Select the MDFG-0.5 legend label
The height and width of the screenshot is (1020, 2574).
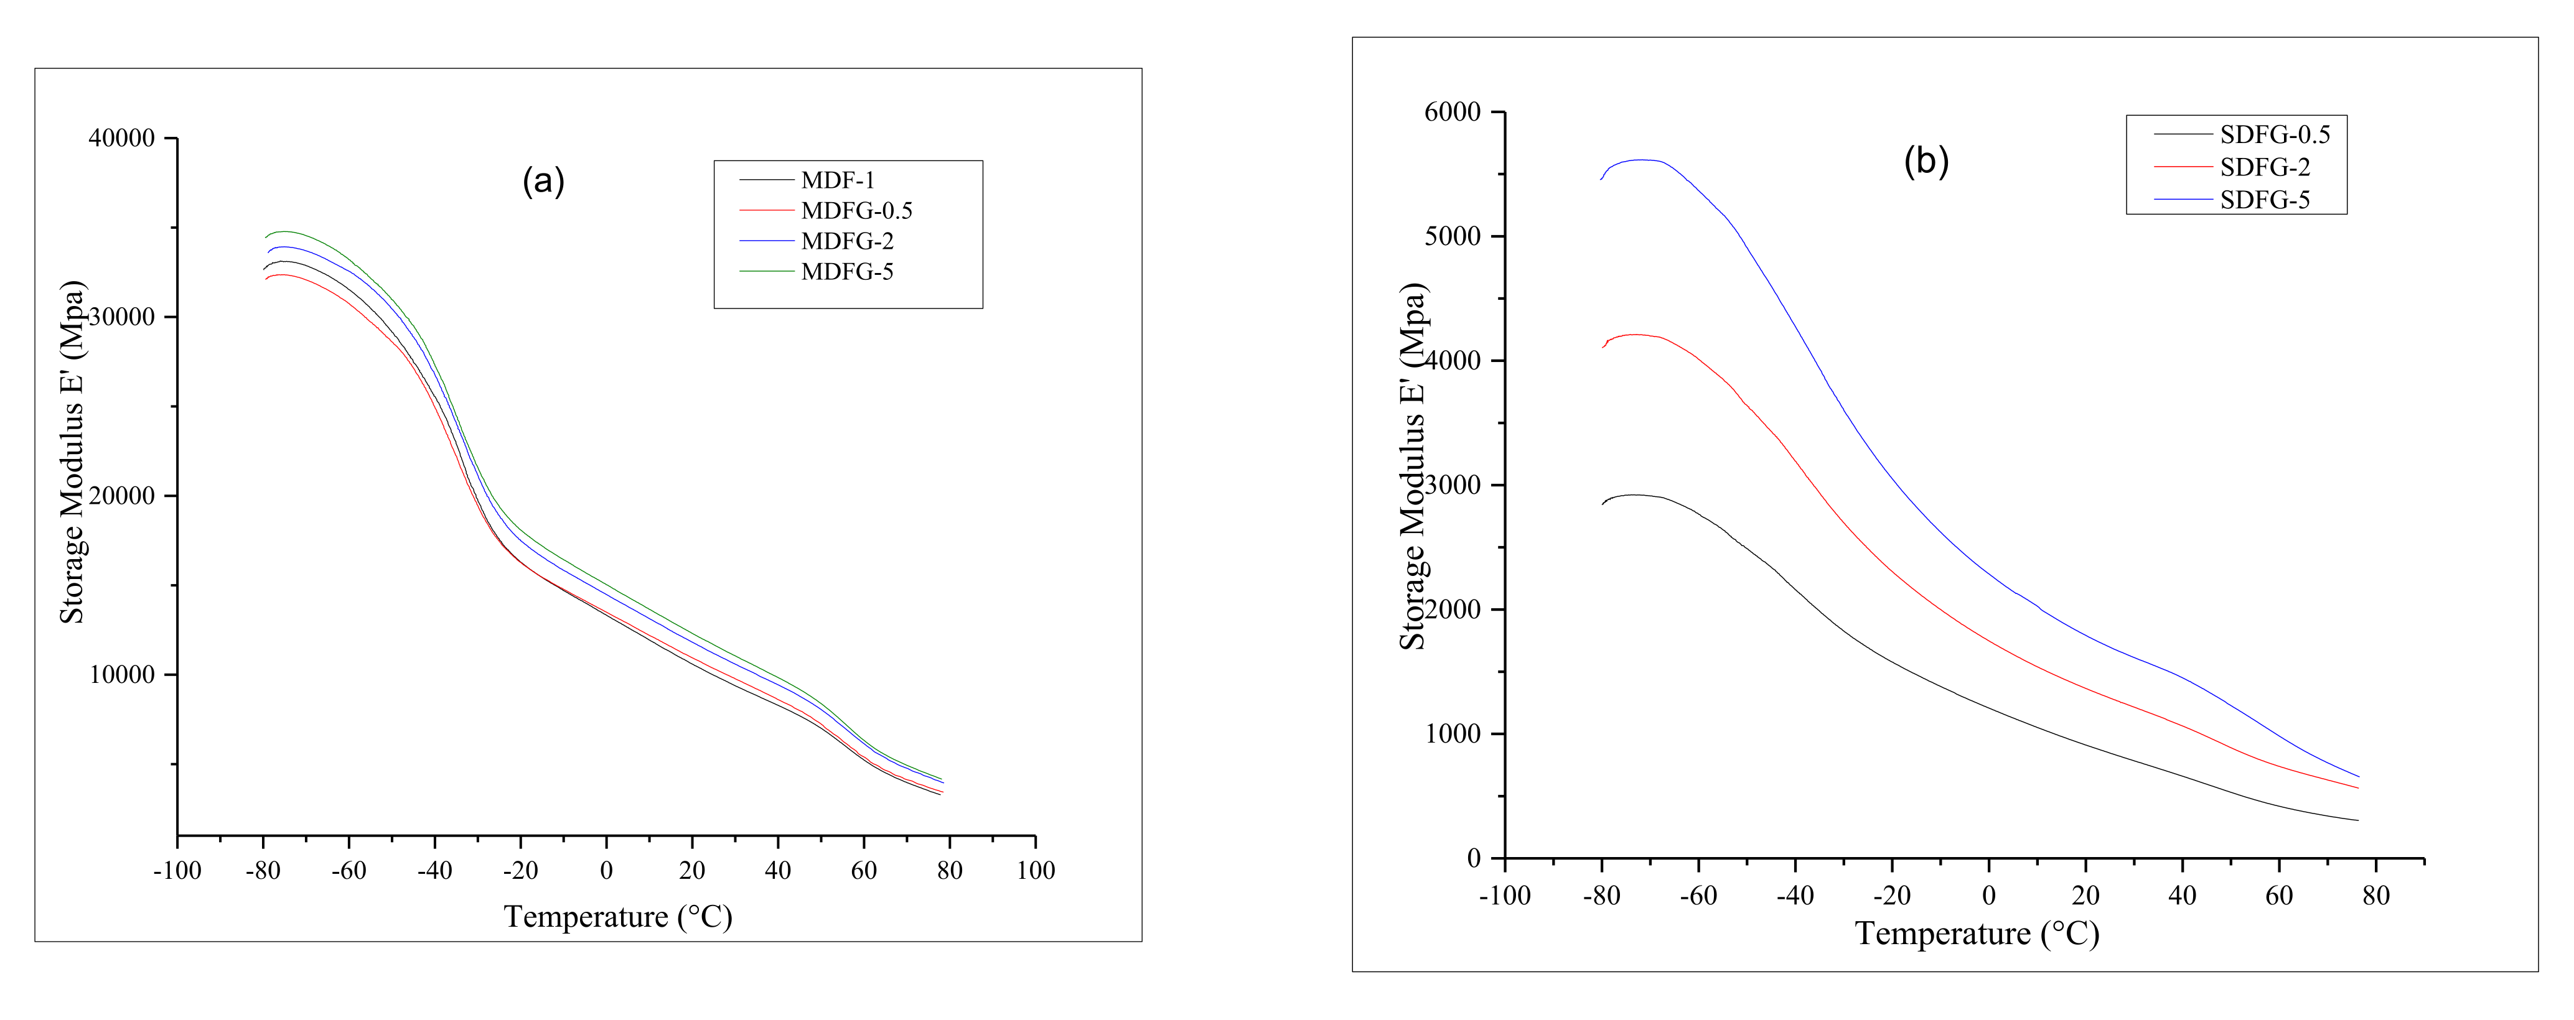point(856,211)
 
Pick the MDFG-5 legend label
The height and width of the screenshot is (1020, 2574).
point(846,272)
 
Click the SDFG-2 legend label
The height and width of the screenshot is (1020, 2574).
point(2264,167)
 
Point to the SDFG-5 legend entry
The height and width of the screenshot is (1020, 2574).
point(2264,200)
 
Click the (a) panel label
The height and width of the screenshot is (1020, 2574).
point(543,181)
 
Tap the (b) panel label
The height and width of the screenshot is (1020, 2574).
point(1926,161)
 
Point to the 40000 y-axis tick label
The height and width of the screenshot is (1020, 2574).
point(122,139)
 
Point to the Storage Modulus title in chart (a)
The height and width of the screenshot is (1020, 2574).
point(73,452)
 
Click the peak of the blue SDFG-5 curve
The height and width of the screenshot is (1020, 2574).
point(1640,160)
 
